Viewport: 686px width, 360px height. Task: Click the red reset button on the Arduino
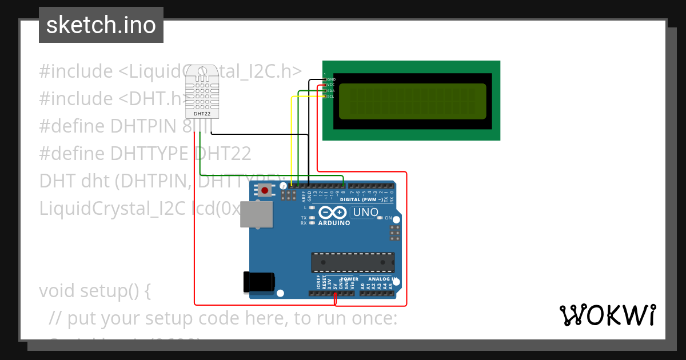pos(265,190)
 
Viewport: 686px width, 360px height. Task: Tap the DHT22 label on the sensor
pos(202,114)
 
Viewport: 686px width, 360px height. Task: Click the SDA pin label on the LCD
pos(331,90)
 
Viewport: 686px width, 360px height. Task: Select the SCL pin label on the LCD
pos(331,96)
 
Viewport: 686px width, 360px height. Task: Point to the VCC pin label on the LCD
pos(330,85)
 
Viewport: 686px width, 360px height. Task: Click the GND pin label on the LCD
pos(331,79)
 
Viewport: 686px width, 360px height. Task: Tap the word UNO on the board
pos(366,213)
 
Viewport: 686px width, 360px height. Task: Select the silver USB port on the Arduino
pos(257,214)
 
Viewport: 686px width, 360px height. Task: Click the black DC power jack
pos(259,282)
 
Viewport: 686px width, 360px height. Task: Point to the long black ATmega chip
pos(353,262)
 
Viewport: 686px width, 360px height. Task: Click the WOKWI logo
pos(607,315)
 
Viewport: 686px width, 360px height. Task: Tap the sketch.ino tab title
pos(101,25)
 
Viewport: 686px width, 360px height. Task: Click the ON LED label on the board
pos(388,218)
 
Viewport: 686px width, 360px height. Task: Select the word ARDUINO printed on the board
pos(333,223)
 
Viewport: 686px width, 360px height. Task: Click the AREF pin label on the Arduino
pos(303,196)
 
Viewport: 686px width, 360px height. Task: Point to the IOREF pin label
pos(318,281)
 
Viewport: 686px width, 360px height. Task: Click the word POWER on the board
pos(349,279)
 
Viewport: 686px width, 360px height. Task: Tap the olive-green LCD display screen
pos(412,101)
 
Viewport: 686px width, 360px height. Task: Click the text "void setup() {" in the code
pos(95,291)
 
